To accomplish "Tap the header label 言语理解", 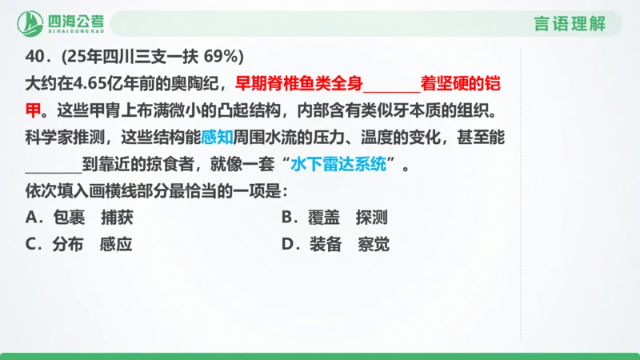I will coord(569,23).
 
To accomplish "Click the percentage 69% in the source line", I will coord(223,57).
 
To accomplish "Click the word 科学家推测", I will coord(64,138).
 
